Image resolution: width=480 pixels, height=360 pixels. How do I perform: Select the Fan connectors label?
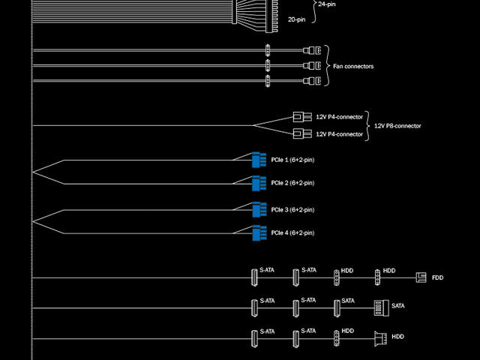(353, 67)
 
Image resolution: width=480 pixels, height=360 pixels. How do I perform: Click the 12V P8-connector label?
(397, 126)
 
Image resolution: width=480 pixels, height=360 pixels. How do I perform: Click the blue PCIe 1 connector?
(259, 160)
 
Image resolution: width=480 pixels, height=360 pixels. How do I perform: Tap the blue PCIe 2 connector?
(259, 183)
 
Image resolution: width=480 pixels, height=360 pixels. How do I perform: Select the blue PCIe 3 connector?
(259, 209)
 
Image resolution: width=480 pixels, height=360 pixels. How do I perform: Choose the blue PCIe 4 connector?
(259, 233)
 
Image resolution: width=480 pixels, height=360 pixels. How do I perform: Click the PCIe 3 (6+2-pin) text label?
(292, 209)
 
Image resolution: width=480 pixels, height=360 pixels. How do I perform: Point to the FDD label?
(438, 278)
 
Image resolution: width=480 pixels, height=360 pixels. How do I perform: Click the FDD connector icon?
(421, 277)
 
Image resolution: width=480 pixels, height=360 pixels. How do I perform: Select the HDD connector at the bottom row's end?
(379, 337)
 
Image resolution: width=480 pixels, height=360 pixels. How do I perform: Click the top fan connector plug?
(313, 51)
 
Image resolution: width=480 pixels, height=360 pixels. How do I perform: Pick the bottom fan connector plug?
(313, 81)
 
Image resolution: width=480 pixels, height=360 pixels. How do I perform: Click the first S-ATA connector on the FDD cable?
(253, 277)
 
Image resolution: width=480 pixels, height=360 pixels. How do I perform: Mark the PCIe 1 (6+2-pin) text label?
(292, 160)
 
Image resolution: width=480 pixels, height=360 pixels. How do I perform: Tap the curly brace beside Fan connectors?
(327, 66)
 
